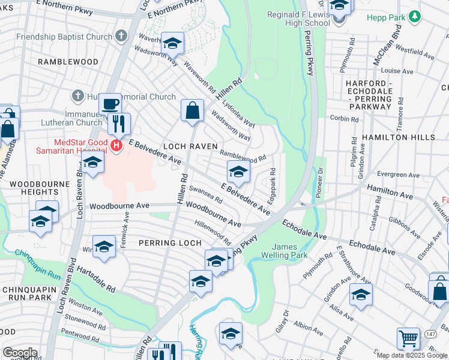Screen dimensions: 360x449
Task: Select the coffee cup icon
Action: [x=110, y=104]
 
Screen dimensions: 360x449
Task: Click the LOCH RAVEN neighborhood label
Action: [x=185, y=146]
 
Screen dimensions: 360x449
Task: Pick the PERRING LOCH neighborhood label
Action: [x=164, y=243]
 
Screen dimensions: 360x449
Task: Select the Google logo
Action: [x=20, y=353]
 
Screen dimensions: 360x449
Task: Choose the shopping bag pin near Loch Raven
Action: [x=192, y=111]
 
